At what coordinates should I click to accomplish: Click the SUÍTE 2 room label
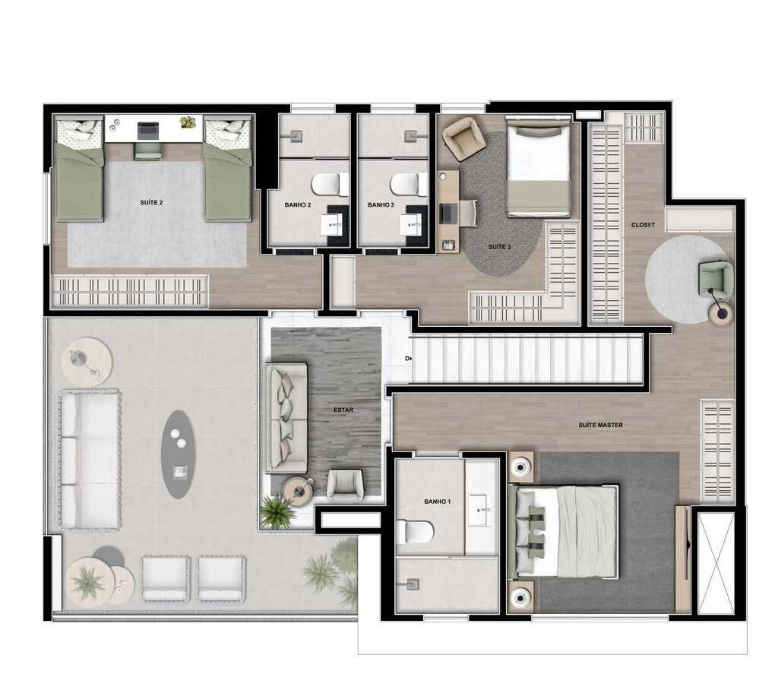[x=152, y=202]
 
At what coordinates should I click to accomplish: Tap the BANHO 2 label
[x=299, y=205]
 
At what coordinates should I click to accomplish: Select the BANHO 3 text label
[x=381, y=205]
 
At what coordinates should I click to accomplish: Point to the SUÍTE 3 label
[x=499, y=247]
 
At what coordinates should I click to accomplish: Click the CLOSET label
[x=643, y=225]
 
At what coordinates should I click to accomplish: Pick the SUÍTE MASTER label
[x=600, y=425]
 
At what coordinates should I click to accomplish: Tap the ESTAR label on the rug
[x=343, y=410]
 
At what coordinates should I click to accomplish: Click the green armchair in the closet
[x=716, y=277]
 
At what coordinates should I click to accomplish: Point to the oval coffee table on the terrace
[x=178, y=454]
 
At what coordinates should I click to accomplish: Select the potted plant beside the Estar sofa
[x=277, y=512]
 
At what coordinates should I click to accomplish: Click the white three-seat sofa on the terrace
[x=89, y=460]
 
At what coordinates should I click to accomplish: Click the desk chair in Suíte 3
[x=466, y=212]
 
